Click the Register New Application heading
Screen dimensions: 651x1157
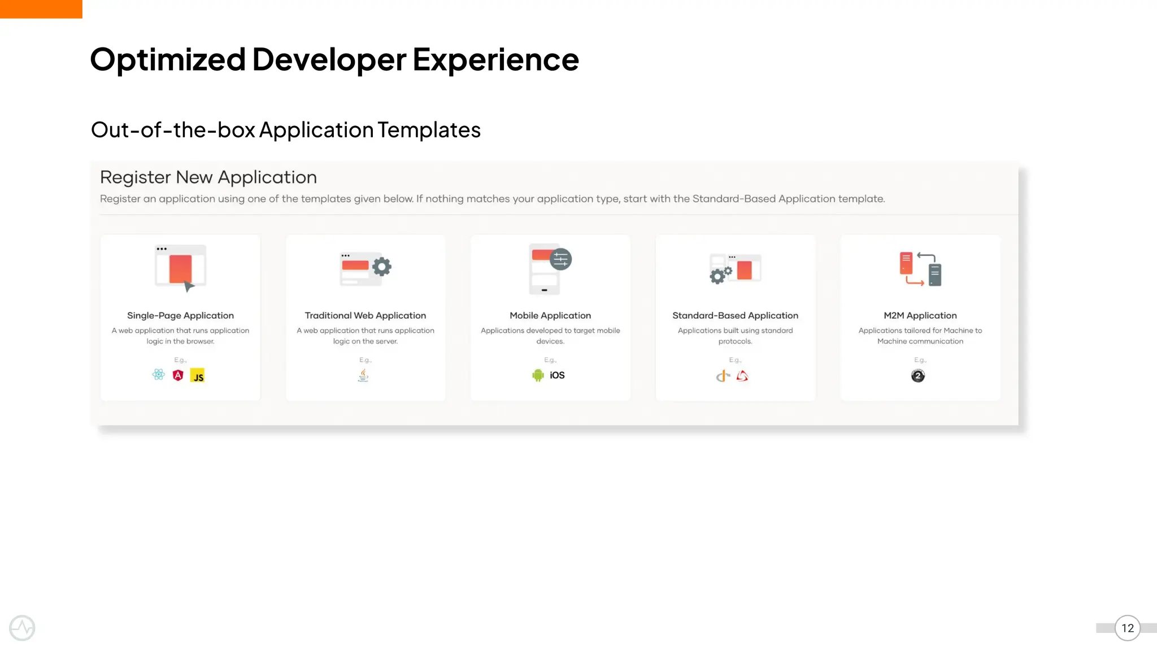[x=208, y=177]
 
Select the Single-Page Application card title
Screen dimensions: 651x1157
[x=180, y=315]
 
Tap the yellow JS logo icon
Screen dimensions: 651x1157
[x=198, y=376]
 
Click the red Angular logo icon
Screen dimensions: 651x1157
[x=178, y=375]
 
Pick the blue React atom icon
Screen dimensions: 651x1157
[x=159, y=375]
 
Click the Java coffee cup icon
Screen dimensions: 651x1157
[x=363, y=375]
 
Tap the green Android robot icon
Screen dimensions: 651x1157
[x=538, y=375]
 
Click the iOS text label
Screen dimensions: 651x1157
[x=557, y=375]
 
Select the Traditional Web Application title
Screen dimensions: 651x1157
[x=365, y=315]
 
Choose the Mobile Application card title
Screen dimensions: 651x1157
[x=550, y=315]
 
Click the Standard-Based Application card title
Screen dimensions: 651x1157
[x=735, y=315]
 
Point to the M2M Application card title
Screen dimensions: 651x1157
[x=920, y=315]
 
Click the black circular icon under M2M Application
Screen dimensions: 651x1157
[x=918, y=376]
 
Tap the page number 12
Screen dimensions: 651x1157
[x=1127, y=628]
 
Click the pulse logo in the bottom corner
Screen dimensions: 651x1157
[x=22, y=628]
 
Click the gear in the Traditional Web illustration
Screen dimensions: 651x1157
[x=382, y=267]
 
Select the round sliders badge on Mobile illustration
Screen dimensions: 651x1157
[x=560, y=259]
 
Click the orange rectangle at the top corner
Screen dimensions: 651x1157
[x=41, y=9]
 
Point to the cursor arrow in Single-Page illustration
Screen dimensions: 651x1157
[x=189, y=287]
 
